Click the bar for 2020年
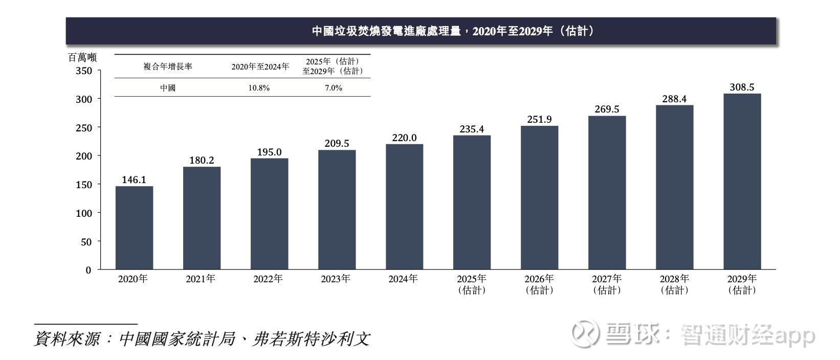coord(134,228)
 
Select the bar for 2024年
coord(404,207)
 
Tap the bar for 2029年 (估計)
coord(742,182)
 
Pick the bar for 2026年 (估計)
coord(539,197)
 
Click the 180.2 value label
coord(202,160)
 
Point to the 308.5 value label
coord(742,87)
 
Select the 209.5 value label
coord(337,144)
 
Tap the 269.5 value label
coord(607,109)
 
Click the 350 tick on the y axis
coord(84,71)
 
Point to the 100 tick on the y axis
coord(84,213)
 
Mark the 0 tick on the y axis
coord(89,270)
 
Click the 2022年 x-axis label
coord(268,279)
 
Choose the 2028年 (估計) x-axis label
coord(674,284)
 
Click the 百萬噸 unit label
coord(82,58)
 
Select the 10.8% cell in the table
coord(259,88)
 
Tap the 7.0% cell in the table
coord(334,88)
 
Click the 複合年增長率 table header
coord(168,66)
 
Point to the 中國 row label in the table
coord(168,88)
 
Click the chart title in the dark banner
coord(453,31)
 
